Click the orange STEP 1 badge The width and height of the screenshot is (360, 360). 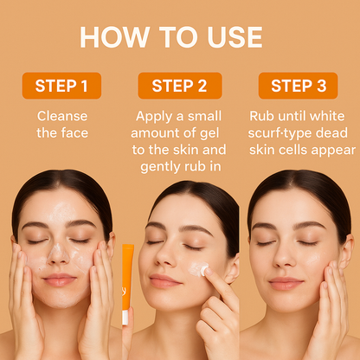tap(61, 86)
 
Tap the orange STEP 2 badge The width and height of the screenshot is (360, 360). tap(180, 86)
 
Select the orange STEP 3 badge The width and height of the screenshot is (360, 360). tap(299, 86)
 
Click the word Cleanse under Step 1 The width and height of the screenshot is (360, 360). tap(61, 115)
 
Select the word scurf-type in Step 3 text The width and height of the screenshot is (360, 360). tap(284, 132)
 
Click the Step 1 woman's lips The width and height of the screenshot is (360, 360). tap(59, 280)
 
